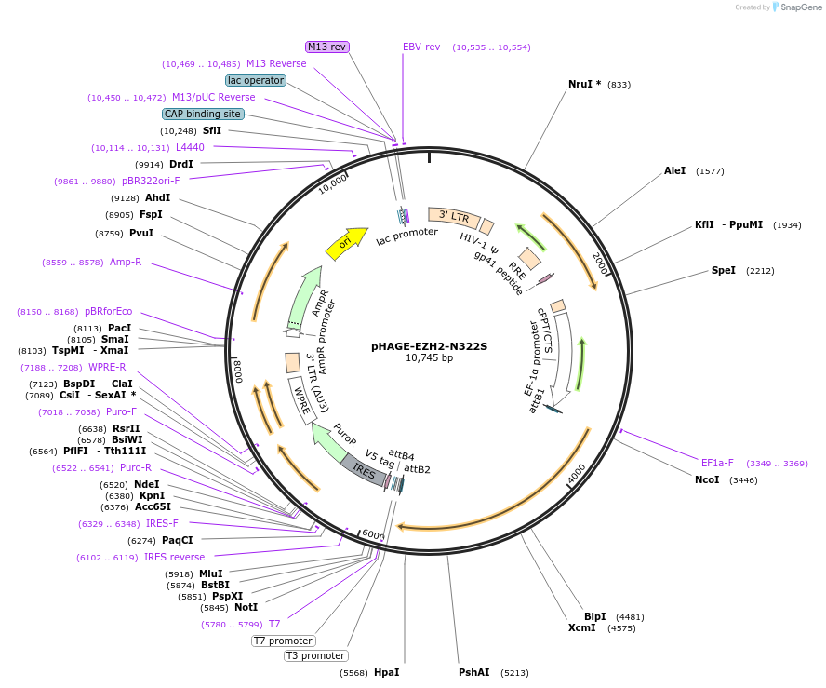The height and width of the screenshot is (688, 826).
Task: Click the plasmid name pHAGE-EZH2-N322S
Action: tap(429, 345)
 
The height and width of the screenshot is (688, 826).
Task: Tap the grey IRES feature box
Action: tap(365, 471)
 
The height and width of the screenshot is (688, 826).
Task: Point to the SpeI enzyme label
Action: tap(723, 270)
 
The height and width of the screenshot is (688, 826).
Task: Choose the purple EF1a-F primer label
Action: tap(717, 463)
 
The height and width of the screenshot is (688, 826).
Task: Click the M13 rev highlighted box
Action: tap(327, 47)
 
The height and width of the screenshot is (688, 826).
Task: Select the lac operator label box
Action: tap(256, 80)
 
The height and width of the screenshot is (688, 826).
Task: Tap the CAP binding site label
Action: tap(203, 114)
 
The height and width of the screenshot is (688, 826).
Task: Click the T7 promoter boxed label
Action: tap(284, 641)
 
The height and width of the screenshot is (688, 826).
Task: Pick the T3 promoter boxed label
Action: tap(315, 655)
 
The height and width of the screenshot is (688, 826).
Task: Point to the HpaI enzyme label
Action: tap(386, 672)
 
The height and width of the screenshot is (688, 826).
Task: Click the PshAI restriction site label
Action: tap(473, 672)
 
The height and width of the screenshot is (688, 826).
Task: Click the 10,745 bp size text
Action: tap(429, 357)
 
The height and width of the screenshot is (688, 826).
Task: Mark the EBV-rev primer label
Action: tap(421, 47)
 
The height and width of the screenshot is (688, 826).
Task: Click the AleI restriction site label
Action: tap(674, 170)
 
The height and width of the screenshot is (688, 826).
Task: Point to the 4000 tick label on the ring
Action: tap(577, 472)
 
